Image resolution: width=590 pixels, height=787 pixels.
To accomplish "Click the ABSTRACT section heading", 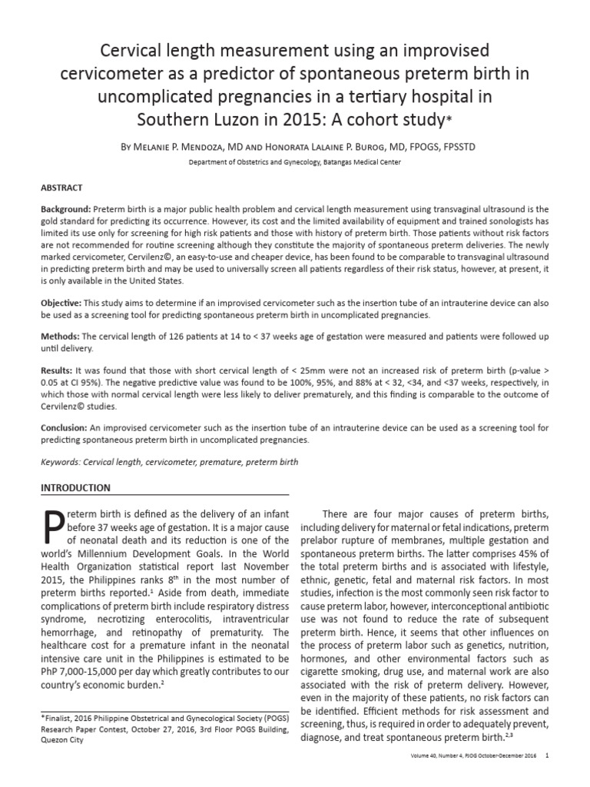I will pos(61,188).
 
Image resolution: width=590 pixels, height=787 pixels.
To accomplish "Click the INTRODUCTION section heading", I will pos(75,488).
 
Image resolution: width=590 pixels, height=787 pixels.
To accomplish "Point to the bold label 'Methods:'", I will pos(60,337).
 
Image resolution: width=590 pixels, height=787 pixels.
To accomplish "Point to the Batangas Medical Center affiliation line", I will pos(294,162).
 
